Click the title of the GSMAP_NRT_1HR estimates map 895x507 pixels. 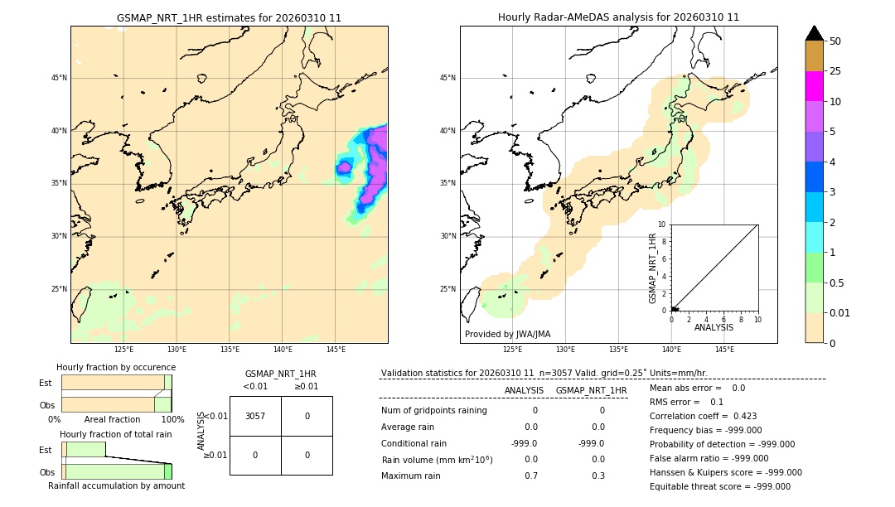[x=229, y=17]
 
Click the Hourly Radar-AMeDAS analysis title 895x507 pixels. [x=618, y=17]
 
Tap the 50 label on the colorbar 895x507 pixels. [x=835, y=41]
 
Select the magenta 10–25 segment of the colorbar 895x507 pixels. [x=815, y=86]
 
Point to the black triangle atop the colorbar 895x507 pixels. [x=815, y=33]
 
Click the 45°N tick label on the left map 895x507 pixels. [x=59, y=78]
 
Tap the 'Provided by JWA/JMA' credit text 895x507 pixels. [x=507, y=334]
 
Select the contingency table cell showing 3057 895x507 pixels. [x=255, y=416]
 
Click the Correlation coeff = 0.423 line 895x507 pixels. [x=703, y=416]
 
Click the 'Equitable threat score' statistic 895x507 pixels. [x=719, y=486]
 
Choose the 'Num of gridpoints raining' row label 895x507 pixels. [x=434, y=410]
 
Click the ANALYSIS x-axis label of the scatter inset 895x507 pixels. [x=714, y=328]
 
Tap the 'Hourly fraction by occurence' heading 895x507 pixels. [x=116, y=367]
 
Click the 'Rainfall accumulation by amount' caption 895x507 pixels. [x=116, y=485]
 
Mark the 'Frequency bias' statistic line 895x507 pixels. [x=705, y=430]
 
